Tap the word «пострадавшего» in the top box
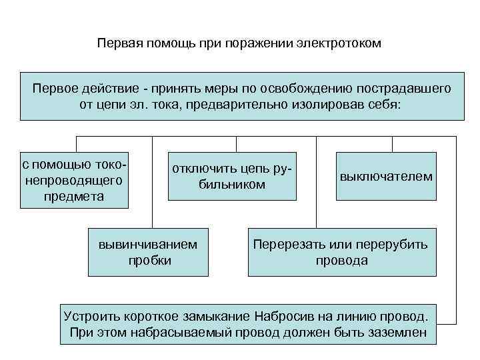click(x=405, y=89)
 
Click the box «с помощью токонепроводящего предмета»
click(x=73, y=180)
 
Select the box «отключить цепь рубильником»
click(x=232, y=176)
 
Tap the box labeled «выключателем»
click(x=386, y=177)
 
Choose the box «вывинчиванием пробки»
click(x=149, y=252)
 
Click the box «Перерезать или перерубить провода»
click(x=341, y=252)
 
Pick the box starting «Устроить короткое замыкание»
click(x=248, y=324)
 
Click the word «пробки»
click(x=149, y=260)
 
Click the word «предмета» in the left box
click(x=74, y=197)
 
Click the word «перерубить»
click(x=395, y=244)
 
